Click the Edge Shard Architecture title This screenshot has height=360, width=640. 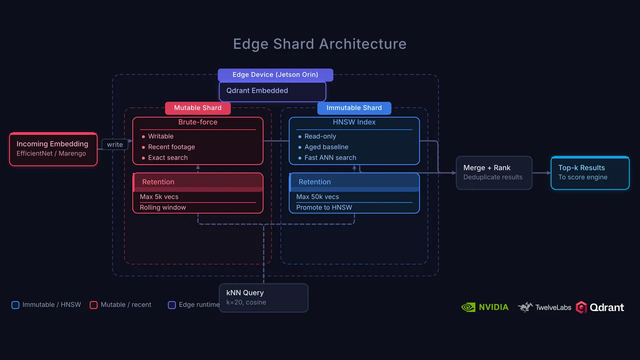[319, 44]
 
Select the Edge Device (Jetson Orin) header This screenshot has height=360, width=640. [275, 75]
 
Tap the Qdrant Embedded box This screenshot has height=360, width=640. [272, 91]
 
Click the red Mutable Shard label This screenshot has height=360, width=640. [197, 108]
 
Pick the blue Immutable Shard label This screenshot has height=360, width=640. [354, 108]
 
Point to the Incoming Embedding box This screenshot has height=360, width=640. [53, 149]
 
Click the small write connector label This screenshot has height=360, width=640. [115, 144]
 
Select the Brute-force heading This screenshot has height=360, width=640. [197, 122]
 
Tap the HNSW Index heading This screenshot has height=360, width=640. [354, 122]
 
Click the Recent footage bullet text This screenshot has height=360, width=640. [171, 147]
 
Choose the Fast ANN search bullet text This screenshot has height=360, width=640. [330, 157]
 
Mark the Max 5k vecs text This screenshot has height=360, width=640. [159, 197]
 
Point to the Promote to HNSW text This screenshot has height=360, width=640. [324, 207]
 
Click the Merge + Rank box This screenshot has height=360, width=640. [494, 173]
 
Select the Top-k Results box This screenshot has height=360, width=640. [590, 173]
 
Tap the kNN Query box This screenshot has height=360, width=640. [263, 297]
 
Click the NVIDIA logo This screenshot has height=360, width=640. [485, 307]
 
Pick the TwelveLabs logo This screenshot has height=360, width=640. [544, 307]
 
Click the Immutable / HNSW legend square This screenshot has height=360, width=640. [15, 305]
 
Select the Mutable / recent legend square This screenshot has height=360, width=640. [93, 305]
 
